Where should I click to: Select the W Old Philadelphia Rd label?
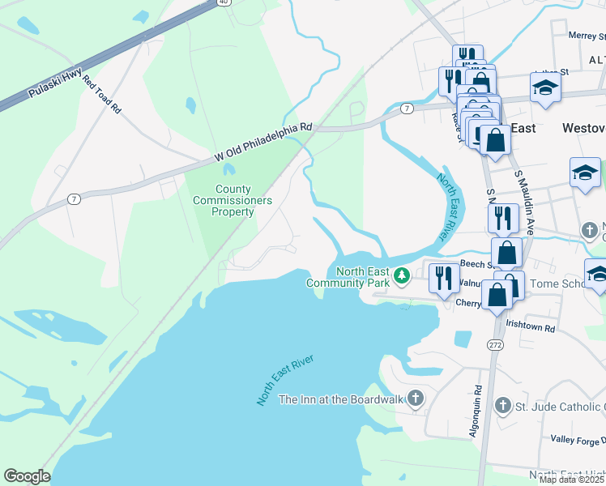262,141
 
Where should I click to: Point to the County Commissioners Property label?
233,200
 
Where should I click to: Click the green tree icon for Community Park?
401,278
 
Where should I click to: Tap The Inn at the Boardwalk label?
340,399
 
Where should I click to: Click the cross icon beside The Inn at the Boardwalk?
416,398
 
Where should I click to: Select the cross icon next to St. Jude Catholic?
502,405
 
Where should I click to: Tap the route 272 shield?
495,345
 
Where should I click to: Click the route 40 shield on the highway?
223,2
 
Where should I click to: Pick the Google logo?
27,475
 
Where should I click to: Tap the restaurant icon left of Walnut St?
442,279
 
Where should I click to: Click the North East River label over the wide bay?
285,380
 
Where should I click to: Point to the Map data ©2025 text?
571,480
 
